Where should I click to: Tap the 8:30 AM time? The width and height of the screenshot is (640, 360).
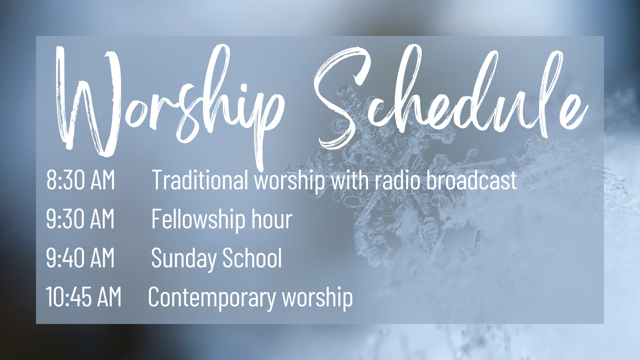tap(81, 180)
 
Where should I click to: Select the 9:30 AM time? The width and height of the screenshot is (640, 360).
tap(80, 219)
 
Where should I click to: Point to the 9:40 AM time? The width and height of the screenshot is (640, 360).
tap(80, 258)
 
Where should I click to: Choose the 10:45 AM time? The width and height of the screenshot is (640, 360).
tap(84, 297)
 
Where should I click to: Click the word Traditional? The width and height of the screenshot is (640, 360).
tap(200, 180)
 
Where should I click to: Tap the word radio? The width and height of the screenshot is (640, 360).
tap(398, 180)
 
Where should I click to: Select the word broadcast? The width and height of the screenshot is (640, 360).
tap(472, 180)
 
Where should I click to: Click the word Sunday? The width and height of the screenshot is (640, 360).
tap(184, 259)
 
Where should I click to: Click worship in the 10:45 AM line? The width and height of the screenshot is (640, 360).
tap(318, 298)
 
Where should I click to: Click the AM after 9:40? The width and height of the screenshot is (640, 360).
tap(103, 258)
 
